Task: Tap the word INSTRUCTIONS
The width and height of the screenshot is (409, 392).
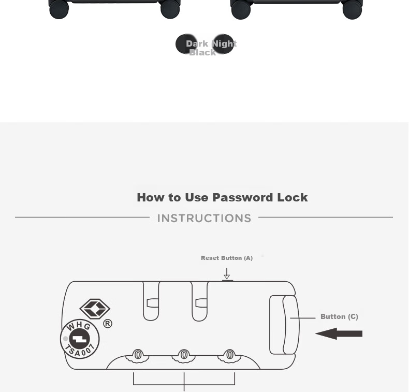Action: (x=204, y=219)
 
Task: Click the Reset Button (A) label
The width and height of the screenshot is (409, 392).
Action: (x=227, y=258)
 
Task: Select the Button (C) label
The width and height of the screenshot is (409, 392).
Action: (x=339, y=316)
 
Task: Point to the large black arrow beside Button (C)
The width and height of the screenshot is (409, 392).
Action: (x=339, y=333)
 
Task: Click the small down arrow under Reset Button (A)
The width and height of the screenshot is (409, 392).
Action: (x=227, y=273)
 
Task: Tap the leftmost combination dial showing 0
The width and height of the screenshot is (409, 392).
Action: (x=138, y=355)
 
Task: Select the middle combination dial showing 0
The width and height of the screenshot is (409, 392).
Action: (x=184, y=355)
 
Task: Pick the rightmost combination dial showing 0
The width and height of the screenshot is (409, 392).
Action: (x=230, y=355)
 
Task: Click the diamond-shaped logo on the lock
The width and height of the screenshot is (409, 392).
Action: (x=95, y=309)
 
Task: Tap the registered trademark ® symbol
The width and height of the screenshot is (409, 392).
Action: (x=108, y=324)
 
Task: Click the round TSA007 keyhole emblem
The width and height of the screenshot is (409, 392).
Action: (x=80, y=339)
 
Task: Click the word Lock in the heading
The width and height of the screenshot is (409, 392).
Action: (x=293, y=197)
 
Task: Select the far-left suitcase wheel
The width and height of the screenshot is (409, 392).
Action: (x=59, y=9)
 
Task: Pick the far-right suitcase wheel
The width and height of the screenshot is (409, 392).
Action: (x=352, y=10)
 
